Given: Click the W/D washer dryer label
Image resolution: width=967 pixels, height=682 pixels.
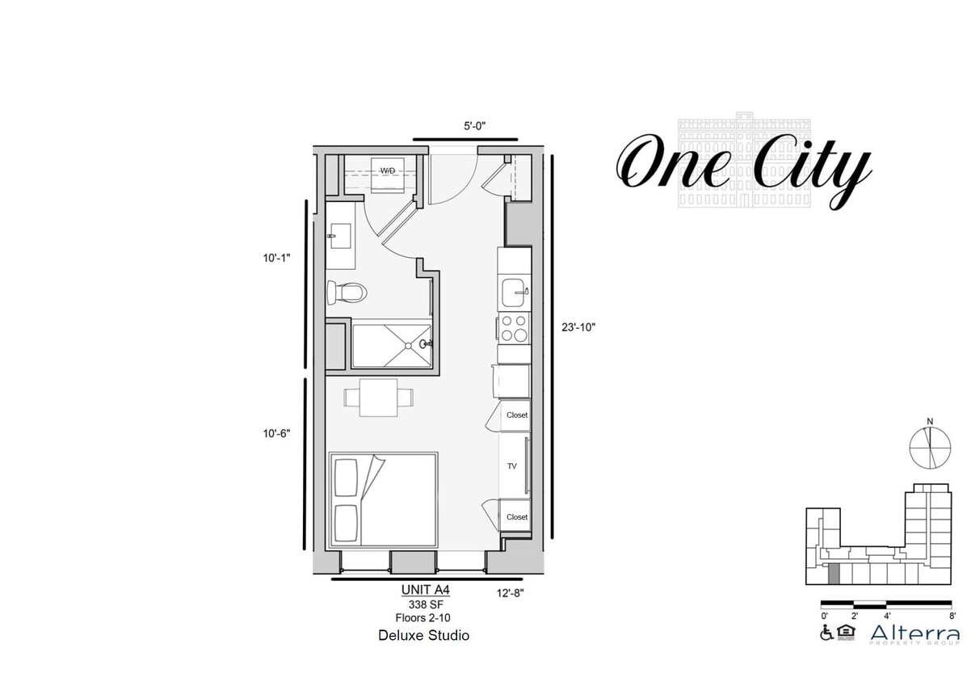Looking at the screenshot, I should pyautogui.click(x=389, y=170).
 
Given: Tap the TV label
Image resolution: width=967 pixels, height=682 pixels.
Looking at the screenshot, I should pyautogui.click(x=511, y=466).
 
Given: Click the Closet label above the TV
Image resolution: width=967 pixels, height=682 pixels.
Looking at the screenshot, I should pyautogui.click(x=516, y=415).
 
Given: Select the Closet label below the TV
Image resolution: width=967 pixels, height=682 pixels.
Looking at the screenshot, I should pyautogui.click(x=516, y=517).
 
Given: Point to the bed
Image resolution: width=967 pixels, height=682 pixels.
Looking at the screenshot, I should pyautogui.click(x=384, y=499).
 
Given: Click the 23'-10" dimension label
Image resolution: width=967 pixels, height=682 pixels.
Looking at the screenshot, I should pyautogui.click(x=578, y=327).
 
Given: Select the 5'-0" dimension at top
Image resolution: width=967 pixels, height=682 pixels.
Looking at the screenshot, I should pyautogui.click(x=474, y=126).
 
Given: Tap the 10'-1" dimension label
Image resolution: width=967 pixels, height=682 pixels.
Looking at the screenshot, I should pyautogui.click(x=275, y=259).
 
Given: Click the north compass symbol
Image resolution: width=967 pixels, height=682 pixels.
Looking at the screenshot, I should pyautogui.click(x=931, y=445).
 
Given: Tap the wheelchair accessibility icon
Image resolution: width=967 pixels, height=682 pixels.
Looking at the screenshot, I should pyautogui.click(x=826, y=634).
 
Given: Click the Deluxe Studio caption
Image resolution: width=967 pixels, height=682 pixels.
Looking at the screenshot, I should pyautogui.click(x=423, y=636).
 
